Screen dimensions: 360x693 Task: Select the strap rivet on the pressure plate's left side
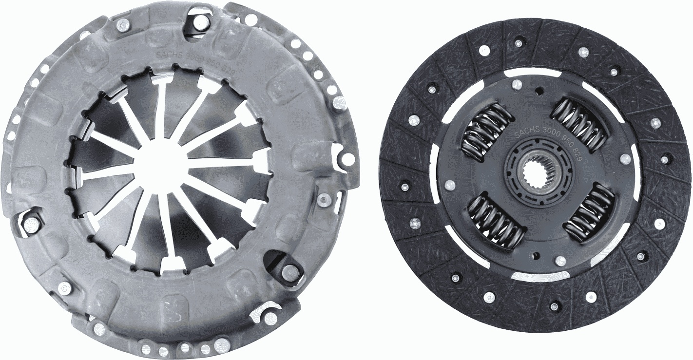(x=31, y=225)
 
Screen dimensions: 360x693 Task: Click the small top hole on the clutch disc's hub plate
(x=539, y=90)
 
